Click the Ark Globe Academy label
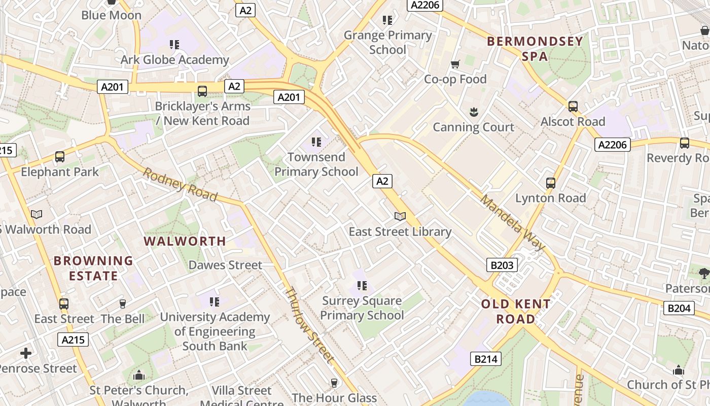point(174,60)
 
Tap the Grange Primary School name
point(388,42)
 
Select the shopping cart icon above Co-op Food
point(455,64)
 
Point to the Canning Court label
point(474,127)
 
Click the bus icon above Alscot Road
point(573,107)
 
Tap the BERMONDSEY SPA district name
point(535,49)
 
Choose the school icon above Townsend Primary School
point(316,142)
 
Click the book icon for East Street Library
point(400,217)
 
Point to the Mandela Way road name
point(512,222)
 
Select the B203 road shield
point(502,264)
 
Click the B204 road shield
point(679,308)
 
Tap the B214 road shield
point(486,359)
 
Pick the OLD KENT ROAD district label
point(516,312)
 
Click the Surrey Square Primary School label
point(362,308)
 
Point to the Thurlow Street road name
point(309,325)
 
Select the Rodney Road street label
point(180,185)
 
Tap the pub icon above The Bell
point(122,304)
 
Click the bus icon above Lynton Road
point(551,183)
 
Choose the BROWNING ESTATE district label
point(93,268)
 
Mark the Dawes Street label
point(225,265)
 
